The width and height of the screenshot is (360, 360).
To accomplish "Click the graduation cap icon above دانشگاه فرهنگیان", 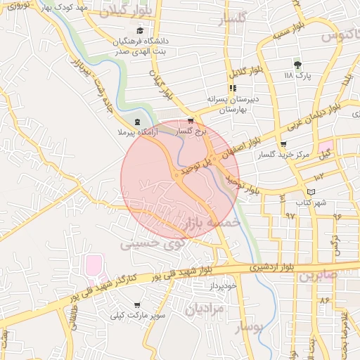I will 139,31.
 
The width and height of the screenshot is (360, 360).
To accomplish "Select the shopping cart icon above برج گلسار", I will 191,121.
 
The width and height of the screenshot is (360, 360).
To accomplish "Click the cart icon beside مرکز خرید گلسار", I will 283,144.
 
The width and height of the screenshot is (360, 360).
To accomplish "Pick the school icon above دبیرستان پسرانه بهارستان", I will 233,88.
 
